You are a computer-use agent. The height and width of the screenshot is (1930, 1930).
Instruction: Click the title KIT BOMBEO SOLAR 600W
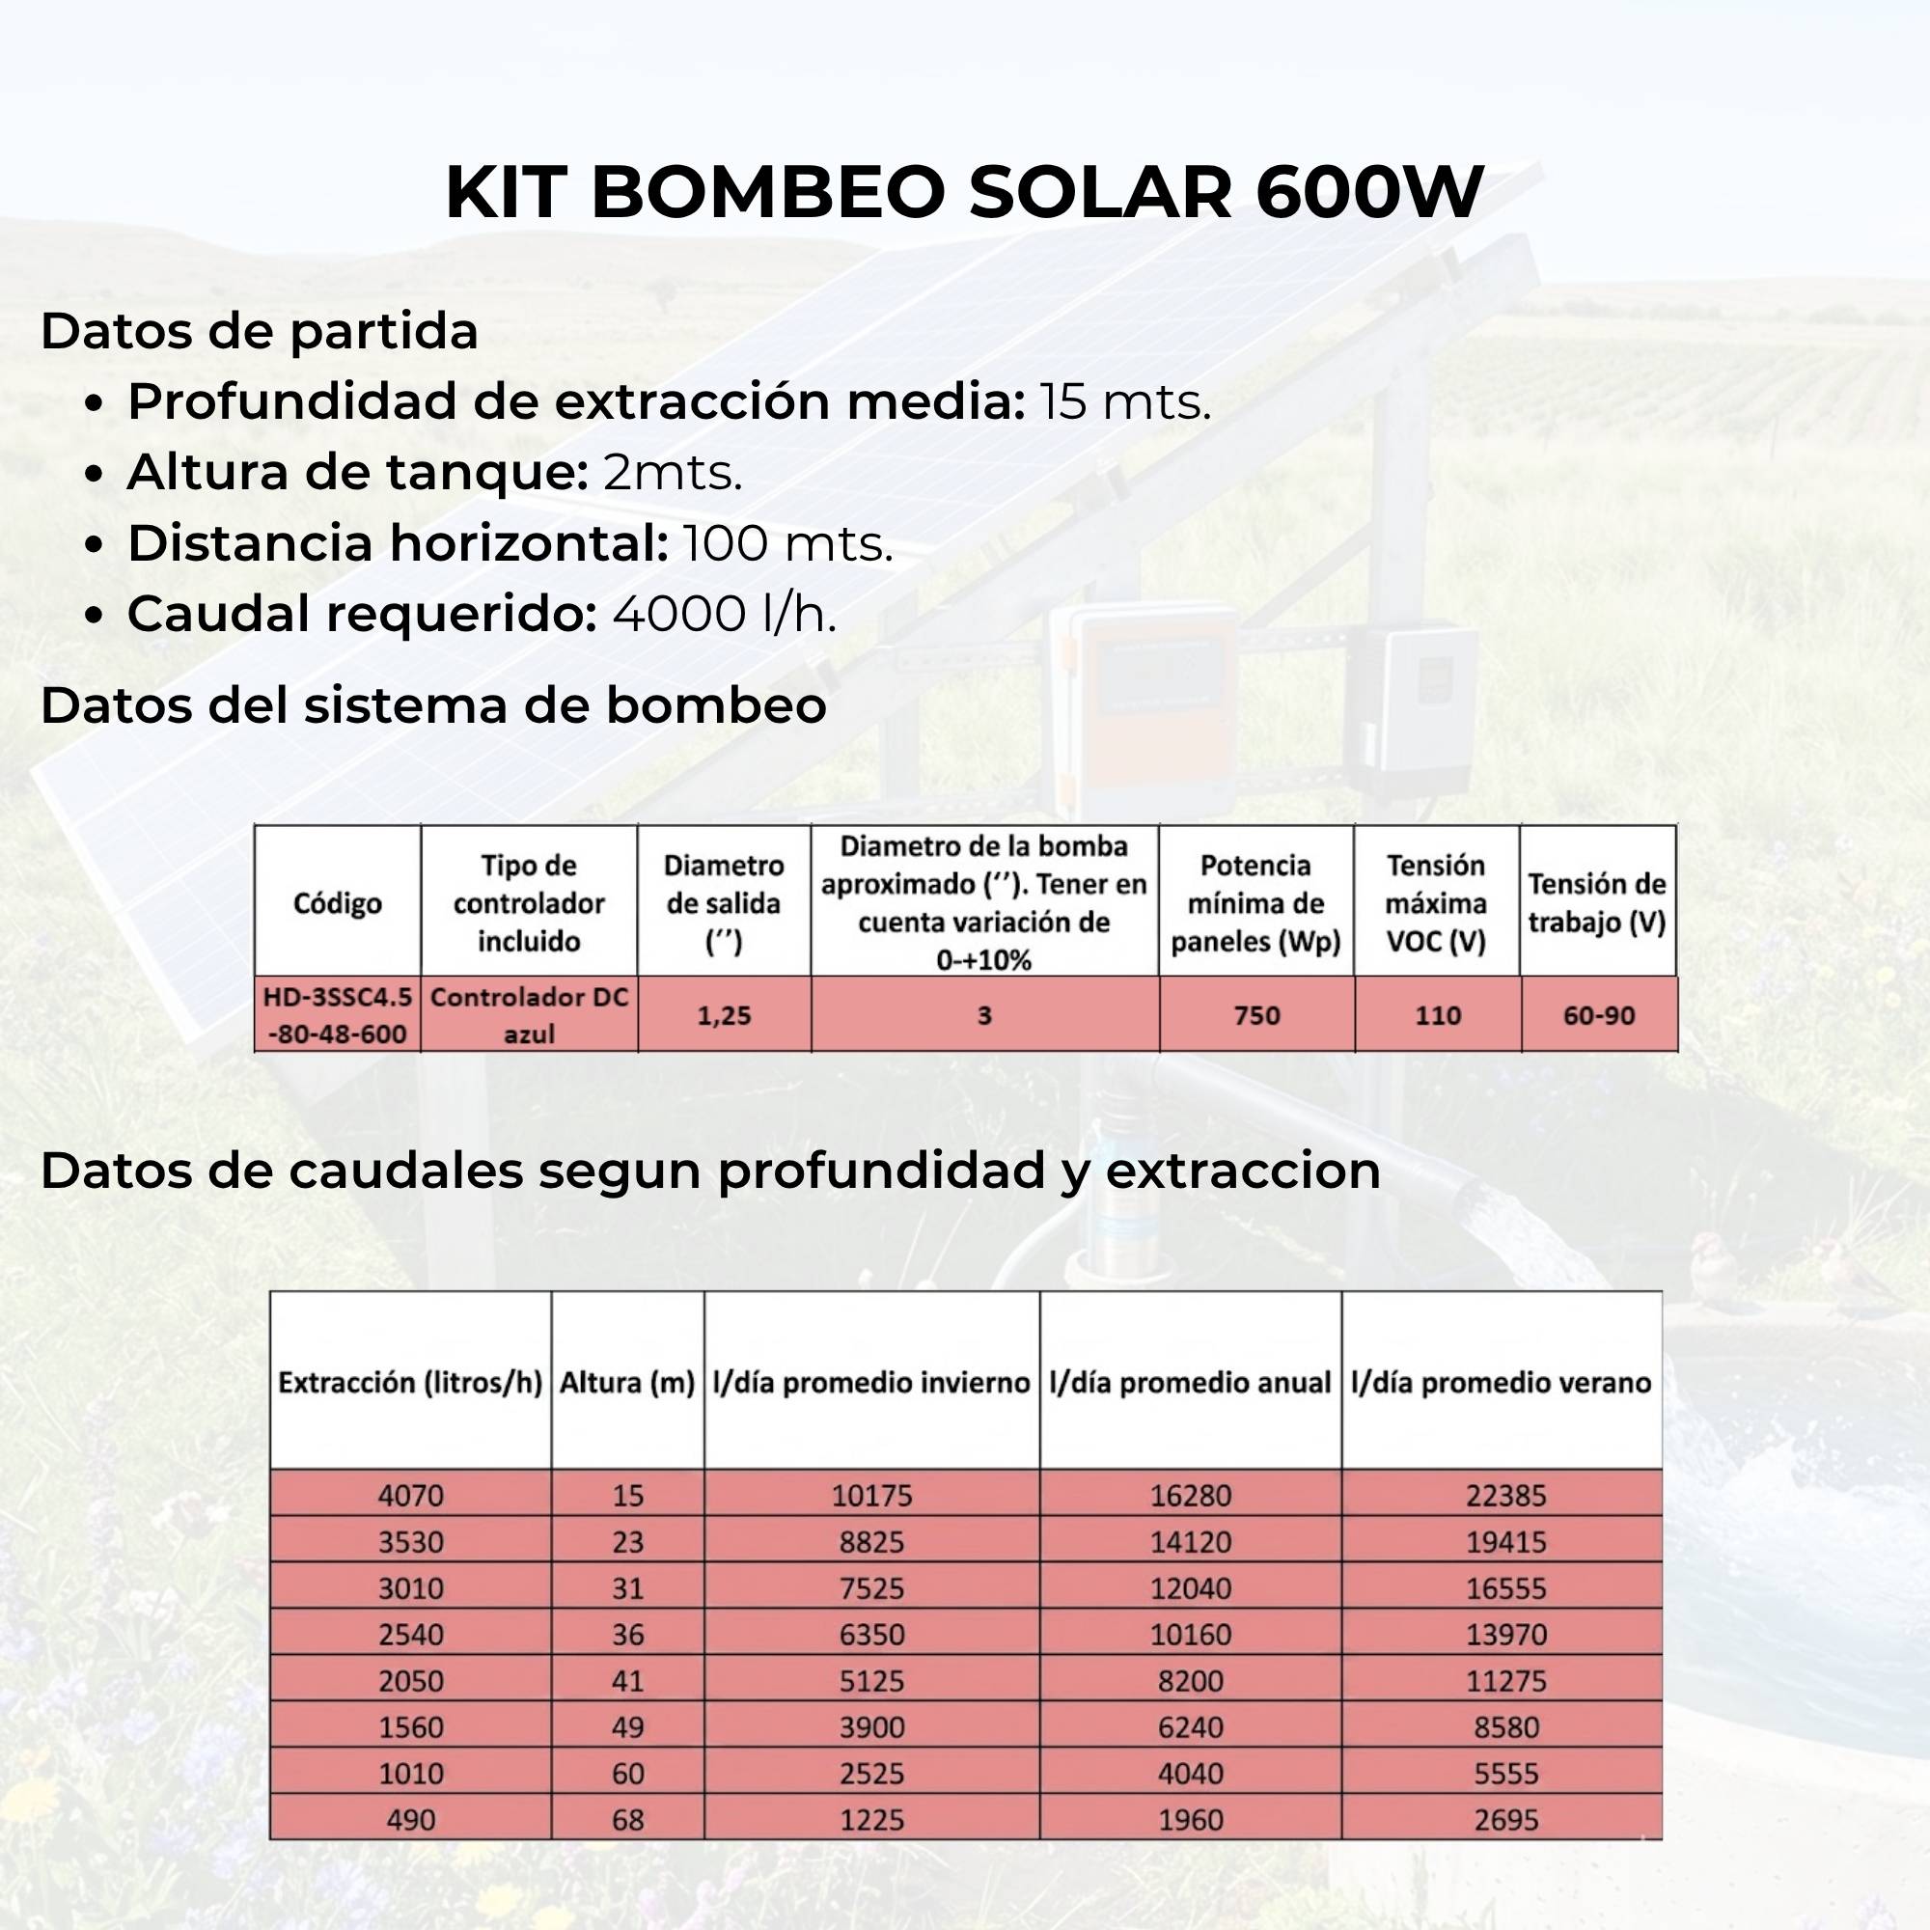[964, 192]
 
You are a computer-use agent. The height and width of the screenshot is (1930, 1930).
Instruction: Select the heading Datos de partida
[259, 331]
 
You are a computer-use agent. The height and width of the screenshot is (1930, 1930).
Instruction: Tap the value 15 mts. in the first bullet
[1125, 401]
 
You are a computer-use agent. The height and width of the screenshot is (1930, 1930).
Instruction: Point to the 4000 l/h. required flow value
[725, 614]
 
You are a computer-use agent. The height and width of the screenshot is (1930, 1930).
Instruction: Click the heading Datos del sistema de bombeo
[433, 705]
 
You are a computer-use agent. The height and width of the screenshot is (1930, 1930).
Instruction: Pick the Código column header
[338, 903]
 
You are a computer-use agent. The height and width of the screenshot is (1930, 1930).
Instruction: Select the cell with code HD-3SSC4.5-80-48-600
[338, 1015]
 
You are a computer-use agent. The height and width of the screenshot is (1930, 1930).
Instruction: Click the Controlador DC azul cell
[529, 1015]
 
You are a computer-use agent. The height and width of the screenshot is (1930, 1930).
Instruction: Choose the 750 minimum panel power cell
[1255, 1016]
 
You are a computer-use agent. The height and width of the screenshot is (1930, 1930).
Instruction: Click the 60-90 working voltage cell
[1598, 1016]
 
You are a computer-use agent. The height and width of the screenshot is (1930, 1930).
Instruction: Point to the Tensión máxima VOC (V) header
[1437, 903]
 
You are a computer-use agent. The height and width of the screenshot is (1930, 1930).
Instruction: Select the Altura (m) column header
[627, 1383]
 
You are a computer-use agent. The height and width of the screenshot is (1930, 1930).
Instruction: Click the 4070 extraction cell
[410, 1496]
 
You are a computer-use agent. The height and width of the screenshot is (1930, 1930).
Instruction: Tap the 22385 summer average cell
[1505, 1496]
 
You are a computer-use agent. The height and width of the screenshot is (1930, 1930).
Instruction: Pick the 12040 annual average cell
[1190, 1588]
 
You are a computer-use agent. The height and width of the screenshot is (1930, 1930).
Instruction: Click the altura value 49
[627, 1727]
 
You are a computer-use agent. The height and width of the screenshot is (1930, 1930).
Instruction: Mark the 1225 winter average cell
[871, 1820]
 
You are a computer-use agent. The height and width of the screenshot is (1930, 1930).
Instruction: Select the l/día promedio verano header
[1501, 1383]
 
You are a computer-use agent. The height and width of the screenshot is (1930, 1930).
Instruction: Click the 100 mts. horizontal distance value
[788, 543]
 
